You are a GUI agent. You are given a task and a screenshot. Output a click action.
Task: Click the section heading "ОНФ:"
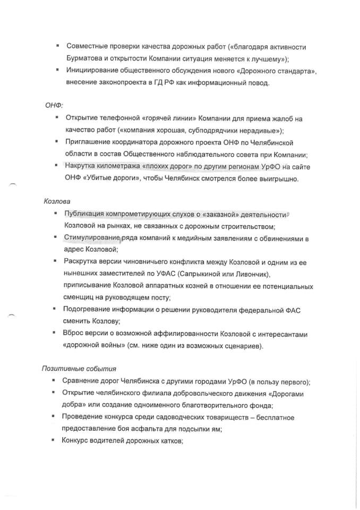54,105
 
